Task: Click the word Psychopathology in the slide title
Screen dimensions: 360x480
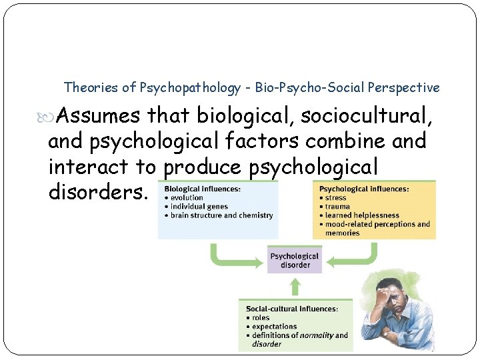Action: pyautogui.click(x=190, y=87)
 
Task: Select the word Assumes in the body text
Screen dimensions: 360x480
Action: pyautogui.click(x=98, y=117)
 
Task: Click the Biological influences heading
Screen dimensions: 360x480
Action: pyautogui.click(x=203, y=189)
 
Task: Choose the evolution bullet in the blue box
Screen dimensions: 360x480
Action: pyautogui.click(x=187, y=198)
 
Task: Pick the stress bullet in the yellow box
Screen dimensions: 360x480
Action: pyautogui.click(x=335, y=198)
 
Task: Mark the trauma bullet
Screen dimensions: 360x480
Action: pyautogui.click(x=338, y=207)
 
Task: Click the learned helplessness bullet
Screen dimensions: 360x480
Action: pyautogui.click(x=362, y=215)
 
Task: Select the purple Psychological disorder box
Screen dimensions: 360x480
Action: pyautogui.click(x=295, y=260)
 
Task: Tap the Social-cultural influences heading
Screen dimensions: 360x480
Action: pyautogui.click(x=291, y=309)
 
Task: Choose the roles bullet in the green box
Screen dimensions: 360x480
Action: pyautogui.click(x=261, y=318)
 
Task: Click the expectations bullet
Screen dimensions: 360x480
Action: pyautogui.click(x=274, y=327)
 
